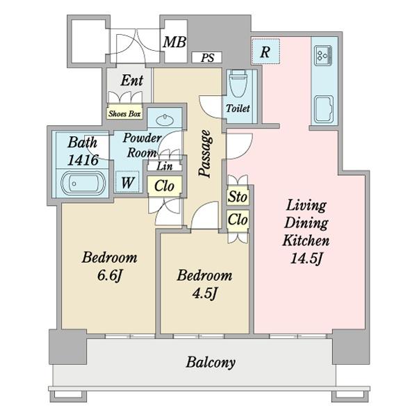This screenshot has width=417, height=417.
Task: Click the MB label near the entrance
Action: click(174, 42)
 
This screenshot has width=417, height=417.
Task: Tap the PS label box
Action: click(207, 58)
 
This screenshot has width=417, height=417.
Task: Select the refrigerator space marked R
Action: click(265, 51)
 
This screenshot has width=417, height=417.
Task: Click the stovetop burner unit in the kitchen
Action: click(323, 56)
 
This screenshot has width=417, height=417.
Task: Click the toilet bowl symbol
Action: click(238, 84)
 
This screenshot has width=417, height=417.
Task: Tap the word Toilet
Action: click(238, 108)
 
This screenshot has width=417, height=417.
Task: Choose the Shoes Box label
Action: click(124, 114)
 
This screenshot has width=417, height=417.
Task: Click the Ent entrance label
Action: click(132, 80)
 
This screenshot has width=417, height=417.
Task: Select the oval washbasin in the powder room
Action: click(165, 120)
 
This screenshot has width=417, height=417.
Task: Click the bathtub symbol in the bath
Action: click(83, 183)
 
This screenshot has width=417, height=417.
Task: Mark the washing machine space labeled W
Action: click(127, 182)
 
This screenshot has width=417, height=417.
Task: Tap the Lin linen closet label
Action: click(165, 166)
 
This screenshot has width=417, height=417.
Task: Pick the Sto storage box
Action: click(238, 197)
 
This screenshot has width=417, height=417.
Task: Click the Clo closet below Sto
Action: click(238, 220)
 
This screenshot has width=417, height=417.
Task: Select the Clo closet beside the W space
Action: click(164, 186)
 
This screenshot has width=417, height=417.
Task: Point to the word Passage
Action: click(206, 154)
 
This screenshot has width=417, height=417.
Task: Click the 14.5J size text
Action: click(306, 259)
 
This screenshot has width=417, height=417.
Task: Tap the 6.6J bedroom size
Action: click(109, 275)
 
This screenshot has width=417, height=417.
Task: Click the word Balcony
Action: click(211, 362)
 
